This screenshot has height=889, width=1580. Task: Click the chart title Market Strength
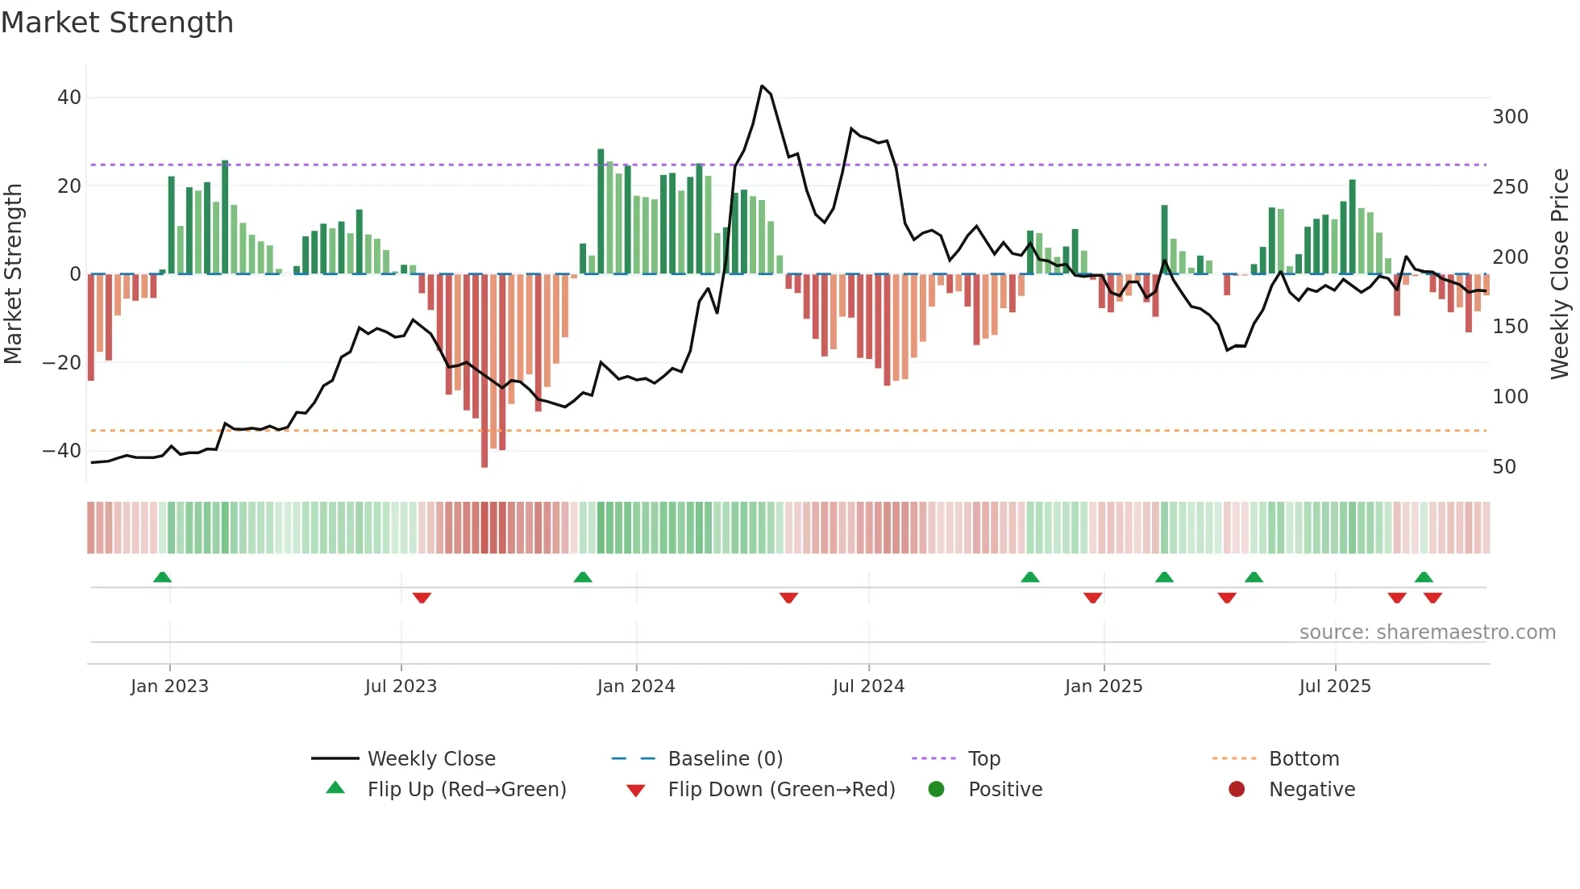117,23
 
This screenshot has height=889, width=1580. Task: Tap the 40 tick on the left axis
69,98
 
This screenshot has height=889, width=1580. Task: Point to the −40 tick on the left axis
62,451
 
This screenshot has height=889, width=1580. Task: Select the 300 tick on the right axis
1510,117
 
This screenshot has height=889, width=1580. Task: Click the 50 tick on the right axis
1503,467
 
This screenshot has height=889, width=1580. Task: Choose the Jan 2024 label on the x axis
636,687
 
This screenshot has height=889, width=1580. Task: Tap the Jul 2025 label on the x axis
1335,687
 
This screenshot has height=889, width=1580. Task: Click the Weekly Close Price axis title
1560,274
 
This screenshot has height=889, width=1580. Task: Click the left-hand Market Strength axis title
13,274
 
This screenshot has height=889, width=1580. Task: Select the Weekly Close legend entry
430,759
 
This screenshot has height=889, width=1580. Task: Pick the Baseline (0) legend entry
725,759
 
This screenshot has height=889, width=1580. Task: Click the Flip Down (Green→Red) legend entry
780,790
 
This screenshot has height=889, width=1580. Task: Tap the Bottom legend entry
1303,759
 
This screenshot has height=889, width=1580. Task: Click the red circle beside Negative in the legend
1237,790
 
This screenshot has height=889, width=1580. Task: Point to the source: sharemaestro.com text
1427,632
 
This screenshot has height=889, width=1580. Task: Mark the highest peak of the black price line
762,86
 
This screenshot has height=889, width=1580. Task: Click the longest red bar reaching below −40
484,371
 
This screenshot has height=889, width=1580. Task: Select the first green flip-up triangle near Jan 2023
162,577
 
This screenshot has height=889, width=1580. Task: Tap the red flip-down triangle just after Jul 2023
422,598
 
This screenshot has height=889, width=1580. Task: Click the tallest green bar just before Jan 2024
601,211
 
